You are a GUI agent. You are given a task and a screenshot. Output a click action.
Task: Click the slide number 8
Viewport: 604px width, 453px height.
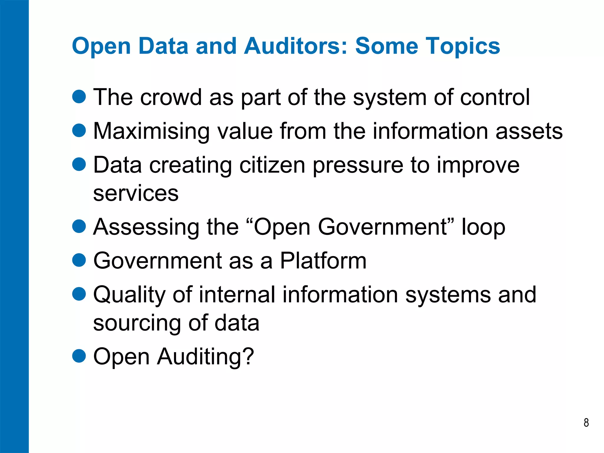[x=586, y=423]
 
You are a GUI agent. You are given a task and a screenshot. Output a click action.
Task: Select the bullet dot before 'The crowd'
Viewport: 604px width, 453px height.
[x=79, y=96]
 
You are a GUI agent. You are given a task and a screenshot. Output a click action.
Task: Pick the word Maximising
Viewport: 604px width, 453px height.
[x=151, y=131]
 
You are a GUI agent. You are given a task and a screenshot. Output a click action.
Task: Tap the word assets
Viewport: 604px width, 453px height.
[x=529, y=131]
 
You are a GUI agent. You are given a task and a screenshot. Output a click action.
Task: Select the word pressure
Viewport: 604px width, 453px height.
[x=358, y=166]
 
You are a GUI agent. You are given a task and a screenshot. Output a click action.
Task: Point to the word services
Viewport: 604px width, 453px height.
[x=136, y=193]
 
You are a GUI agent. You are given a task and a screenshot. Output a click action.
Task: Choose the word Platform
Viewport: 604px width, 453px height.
[x=323, y=261]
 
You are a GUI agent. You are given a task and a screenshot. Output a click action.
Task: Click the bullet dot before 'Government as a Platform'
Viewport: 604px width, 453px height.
[x=79, y=260]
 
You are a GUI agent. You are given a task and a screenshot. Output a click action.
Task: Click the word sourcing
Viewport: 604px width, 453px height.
[x=137, y=324]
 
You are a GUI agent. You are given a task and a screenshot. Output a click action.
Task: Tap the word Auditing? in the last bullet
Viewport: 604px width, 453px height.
[x=205, y=357]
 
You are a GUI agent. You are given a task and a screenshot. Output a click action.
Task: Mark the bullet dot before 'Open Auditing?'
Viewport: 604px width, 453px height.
[x=79, y=356]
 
